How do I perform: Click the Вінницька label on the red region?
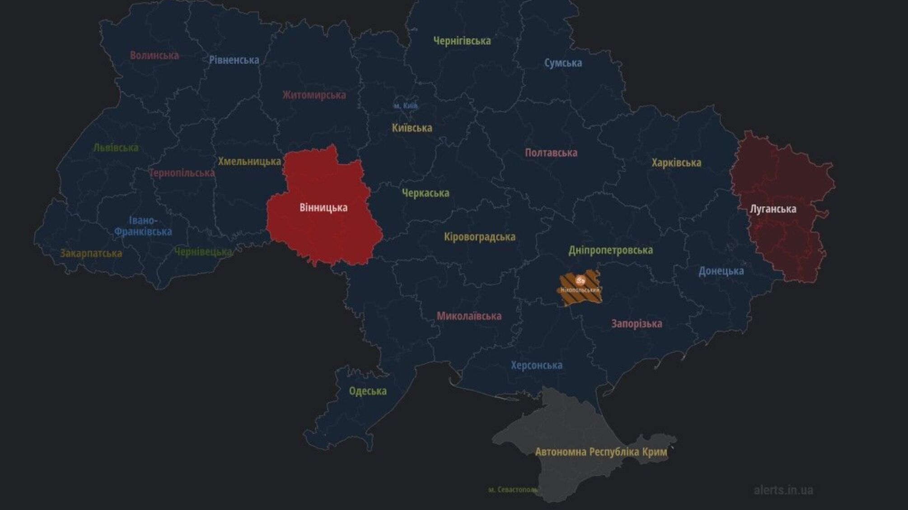coord(323,208)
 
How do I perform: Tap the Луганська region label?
coord(773,209)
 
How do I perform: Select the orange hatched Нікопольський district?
coord(580,288)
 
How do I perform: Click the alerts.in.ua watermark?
coord(783,490)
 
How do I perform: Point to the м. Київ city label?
coord(405,106)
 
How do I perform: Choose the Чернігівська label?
coord(462,41)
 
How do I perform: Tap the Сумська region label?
coord(563,63)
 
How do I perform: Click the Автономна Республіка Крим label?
coord(601,452)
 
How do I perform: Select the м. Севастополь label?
coord(513,490)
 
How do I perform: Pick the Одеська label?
coord(368,391)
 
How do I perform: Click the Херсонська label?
coord(537,365)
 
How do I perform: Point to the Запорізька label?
coord(637,324)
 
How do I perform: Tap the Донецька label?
coord(721,271)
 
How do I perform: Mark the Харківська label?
coord(676,163)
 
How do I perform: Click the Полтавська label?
coord(551,153)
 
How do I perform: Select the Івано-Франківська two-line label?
coord(143,226)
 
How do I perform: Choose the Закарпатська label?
coord(91,253)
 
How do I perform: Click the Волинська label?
coord(154,56)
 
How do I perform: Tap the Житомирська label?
coord(314,95)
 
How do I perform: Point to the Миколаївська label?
coord(469,316)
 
